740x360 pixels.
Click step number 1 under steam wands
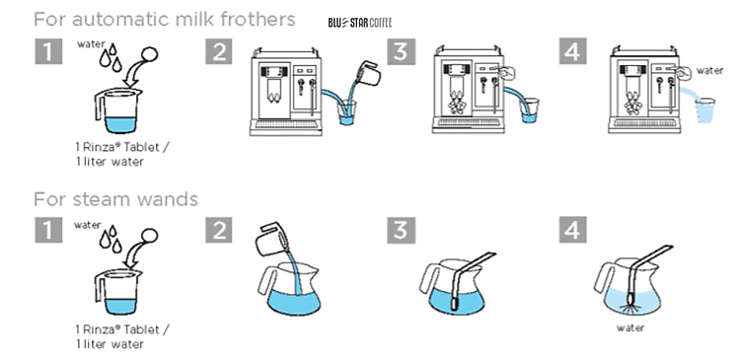pos(47,232)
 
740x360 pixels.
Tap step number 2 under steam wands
pos(219,232)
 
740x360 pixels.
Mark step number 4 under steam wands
pos(573,232)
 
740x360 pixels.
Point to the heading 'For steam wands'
pos(115,199)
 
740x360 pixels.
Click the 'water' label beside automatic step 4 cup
pos(709,70)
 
